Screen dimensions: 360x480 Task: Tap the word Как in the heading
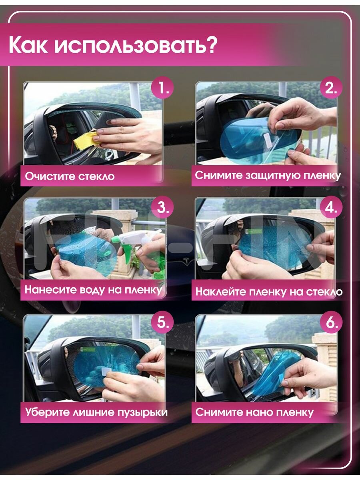pos(28,46)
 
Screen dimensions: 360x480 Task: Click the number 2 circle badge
pos(331,88)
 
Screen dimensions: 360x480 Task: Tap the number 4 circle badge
pos(331,207)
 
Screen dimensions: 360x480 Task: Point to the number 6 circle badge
pos(331,322)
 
